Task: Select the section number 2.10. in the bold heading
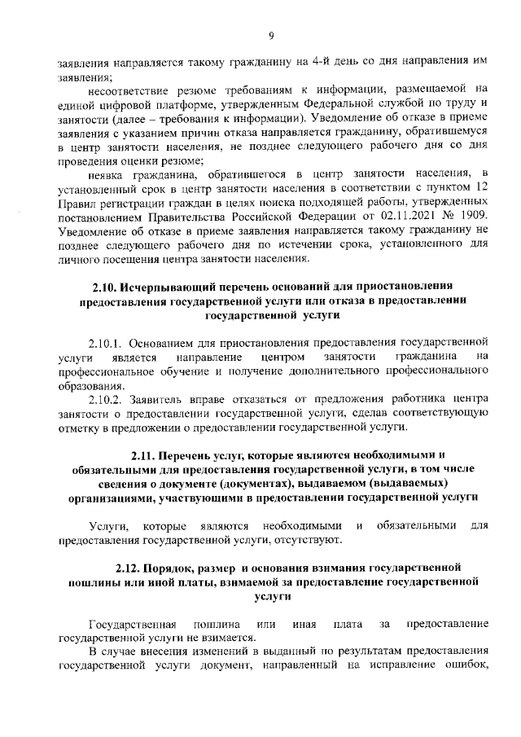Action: pyautogui.click(x=104, y=287)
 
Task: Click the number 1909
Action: pyautogui.click(x=474, y=214)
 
